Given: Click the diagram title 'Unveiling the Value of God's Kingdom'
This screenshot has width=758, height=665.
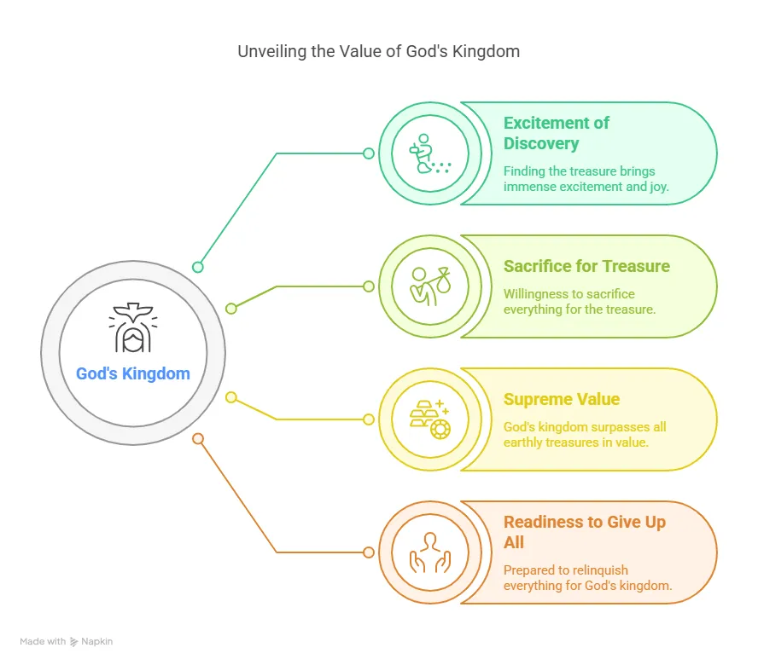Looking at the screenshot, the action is pyautogui.click(x=378, y=51).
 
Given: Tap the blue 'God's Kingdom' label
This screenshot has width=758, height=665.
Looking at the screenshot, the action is pyautogui.click(x=133, y=373).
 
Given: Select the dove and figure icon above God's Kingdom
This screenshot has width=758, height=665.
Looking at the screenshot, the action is pyautogui.click(x=133, y=327).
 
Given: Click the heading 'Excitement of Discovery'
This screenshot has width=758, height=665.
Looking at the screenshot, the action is pyautogui.click(x=557, y=133).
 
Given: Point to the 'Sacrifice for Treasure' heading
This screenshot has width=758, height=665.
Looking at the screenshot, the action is pyautogui.click(x=586, y=266).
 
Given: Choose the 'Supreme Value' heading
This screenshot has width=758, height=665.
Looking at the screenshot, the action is pyautogui.click(x=562, y=399).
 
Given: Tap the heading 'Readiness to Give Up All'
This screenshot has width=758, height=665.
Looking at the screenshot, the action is pyautogui.click(x=585, y=532).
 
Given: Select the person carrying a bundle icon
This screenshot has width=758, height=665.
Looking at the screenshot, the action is pyautogui.click(x=430, y=286).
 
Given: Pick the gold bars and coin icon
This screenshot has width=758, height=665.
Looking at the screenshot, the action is pyautogui.click(x=430, y=419).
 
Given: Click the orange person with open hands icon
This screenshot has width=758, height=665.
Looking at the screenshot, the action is pyautogui.click(x=430, y=552).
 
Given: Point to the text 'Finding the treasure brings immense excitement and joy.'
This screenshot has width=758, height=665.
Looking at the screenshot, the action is pyautogui.click(x=586, y=179).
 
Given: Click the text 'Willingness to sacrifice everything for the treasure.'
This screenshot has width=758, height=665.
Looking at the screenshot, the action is pyautogui.click(x=580, y=302).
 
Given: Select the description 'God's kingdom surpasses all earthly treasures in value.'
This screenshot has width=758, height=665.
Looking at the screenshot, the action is pyautogui.click(x=585, y=435).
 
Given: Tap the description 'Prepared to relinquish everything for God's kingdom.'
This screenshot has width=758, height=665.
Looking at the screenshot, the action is pyautogui.click(x=588, y=577).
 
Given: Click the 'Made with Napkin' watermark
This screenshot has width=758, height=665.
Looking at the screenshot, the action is pyautogui.click(x=67, y=641).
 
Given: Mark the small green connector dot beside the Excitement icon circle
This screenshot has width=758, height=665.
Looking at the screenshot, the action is pyautogui.click(x=369, y=153).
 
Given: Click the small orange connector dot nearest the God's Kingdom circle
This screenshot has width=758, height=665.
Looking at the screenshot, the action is pyautogui.click(x=198, y=438).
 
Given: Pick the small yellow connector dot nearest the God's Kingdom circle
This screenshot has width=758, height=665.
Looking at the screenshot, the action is pyautogui.click(x=231, y=397).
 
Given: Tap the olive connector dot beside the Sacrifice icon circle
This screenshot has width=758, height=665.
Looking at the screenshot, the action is pyautogui.click(x=369, y=286).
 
